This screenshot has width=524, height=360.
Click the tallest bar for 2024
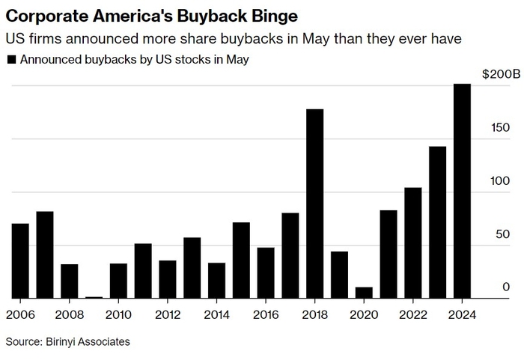[x=462, y=191]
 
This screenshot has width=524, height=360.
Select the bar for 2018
[x=314, y=204]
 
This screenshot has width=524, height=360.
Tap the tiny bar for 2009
[x=94, y=297]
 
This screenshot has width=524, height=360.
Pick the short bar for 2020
[x=364, y=293]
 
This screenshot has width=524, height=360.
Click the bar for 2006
[x=20, y=260]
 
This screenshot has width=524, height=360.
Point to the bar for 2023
[x=437, y=222]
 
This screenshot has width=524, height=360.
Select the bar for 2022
[x=412, y=243]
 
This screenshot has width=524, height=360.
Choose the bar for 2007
[x=45, y=254]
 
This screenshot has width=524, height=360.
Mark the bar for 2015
[x=241, y=260]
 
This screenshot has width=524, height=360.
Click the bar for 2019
[x=339, y=275]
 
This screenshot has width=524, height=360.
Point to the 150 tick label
[x=500, y=127]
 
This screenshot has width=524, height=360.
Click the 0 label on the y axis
[x=506, y=287]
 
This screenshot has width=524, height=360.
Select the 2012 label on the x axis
[x=167, y=315]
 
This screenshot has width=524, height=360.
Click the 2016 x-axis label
[x=265, y=315]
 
